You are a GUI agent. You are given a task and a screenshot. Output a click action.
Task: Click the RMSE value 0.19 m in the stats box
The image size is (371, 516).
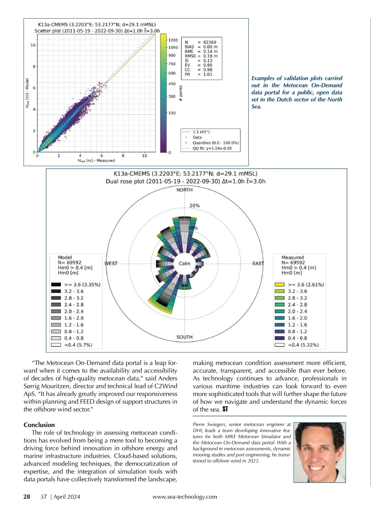210,56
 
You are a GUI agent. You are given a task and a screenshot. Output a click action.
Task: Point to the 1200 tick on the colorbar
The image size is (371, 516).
173,40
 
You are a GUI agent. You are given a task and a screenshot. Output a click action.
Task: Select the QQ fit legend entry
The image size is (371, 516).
212,148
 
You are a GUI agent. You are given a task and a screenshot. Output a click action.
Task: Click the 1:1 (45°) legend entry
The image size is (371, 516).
201,132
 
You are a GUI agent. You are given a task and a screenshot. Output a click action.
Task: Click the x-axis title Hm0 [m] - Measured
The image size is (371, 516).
96,160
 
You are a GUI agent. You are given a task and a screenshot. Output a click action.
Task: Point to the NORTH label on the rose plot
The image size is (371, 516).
184,190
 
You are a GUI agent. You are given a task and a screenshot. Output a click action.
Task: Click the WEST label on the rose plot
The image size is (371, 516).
111,264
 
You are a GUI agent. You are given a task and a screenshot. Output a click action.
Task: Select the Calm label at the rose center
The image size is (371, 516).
184,264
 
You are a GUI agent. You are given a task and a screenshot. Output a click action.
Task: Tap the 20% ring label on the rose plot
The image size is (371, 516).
194,206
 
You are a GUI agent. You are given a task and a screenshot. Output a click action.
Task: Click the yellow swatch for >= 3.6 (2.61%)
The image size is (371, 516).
279,285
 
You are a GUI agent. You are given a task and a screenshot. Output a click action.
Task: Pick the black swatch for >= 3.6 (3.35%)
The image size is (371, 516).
56,285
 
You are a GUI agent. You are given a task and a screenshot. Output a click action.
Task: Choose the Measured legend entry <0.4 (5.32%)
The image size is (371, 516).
303,345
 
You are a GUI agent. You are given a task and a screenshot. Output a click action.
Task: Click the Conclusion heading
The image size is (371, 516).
39,425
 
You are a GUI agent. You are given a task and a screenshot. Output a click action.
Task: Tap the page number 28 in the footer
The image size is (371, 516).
27,497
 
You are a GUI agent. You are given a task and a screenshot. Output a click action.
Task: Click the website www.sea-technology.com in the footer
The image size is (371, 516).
185,497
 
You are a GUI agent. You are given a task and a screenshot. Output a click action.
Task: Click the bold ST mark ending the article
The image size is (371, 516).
225,409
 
